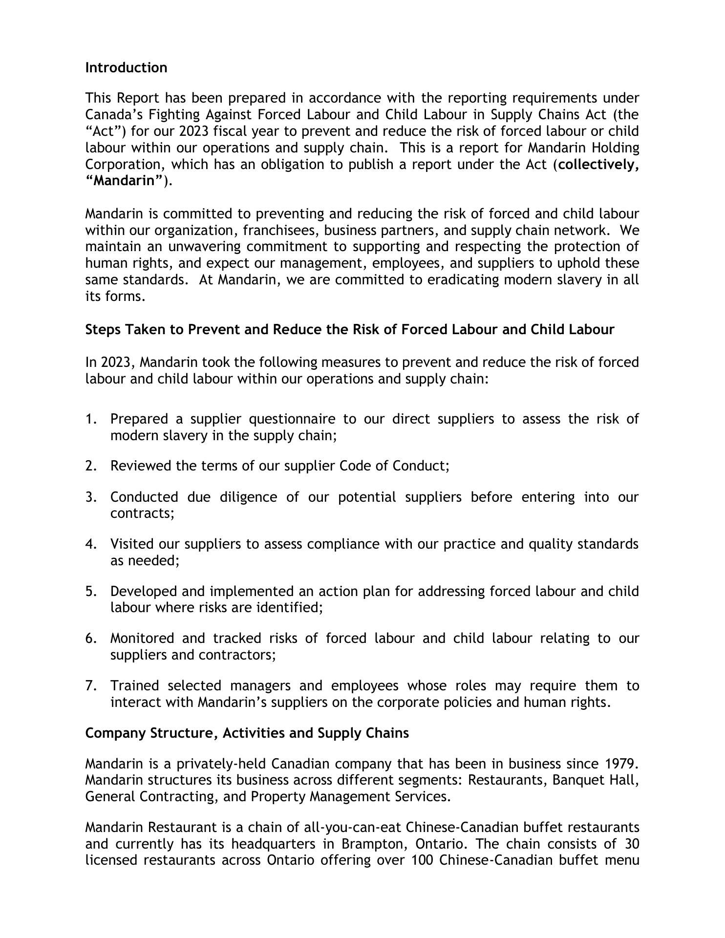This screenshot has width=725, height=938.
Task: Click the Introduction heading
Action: click(x=126, y=67)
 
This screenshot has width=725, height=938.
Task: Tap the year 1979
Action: click(x=621, y=764)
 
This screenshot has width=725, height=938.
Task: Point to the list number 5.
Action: click(x=91, y=591)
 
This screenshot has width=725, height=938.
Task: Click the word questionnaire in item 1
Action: click(x=292, y=419)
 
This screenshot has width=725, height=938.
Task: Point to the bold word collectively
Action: click(x=598, y=164)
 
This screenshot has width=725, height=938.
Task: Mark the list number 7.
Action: click(x=91, y=685)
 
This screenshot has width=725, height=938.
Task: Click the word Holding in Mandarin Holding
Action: click(x=616, y=148)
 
